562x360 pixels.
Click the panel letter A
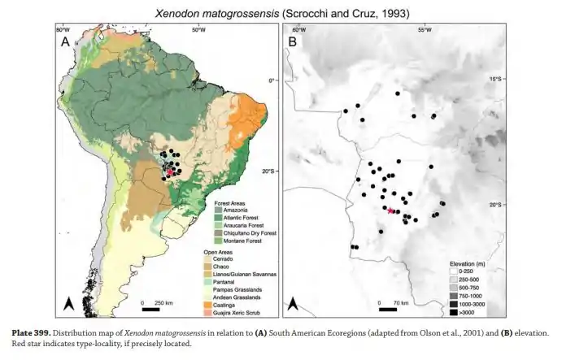point(65,43)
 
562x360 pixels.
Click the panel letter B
point(292,43)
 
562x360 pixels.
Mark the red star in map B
point(390,210)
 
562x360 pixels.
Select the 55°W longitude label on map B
point(424,30)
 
